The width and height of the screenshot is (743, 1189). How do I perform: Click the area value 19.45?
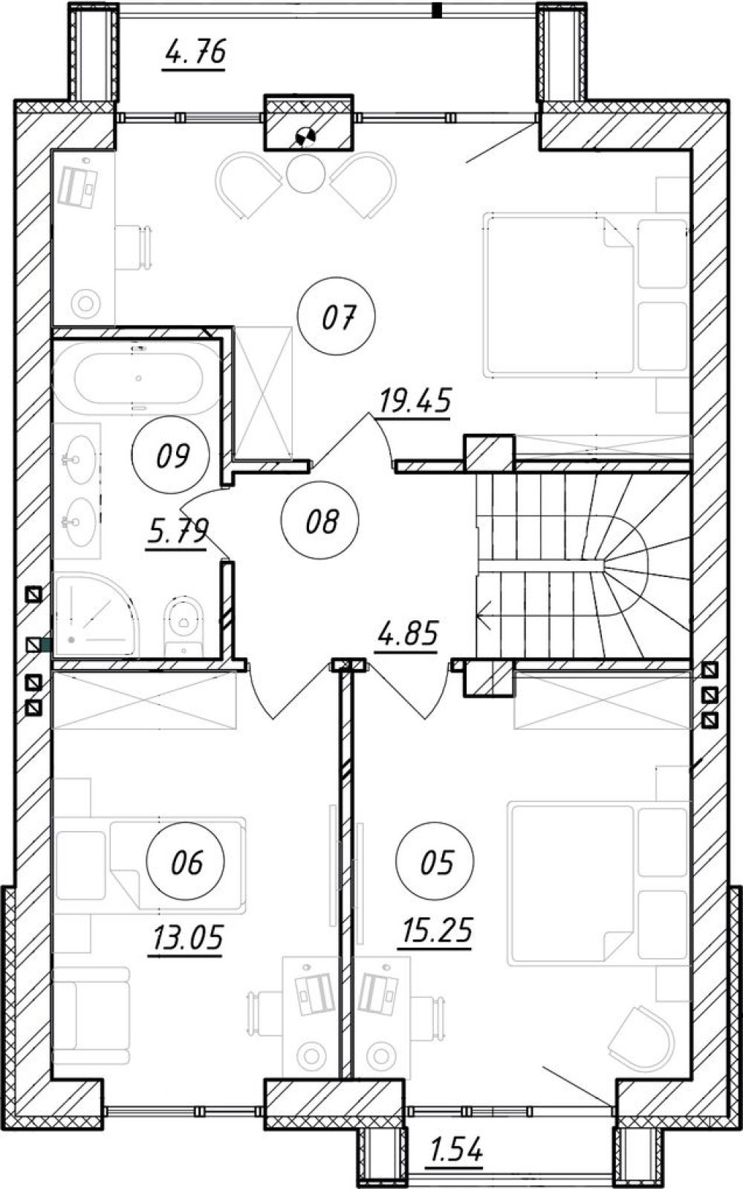[x=415, y=402]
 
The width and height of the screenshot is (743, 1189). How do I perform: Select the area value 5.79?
[x=177, y=532]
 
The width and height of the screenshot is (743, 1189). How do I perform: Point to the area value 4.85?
[x=406, y=634]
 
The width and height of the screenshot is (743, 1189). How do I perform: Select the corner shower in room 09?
[x=96, y=615]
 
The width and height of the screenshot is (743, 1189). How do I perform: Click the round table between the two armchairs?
[x=305, y=174]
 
